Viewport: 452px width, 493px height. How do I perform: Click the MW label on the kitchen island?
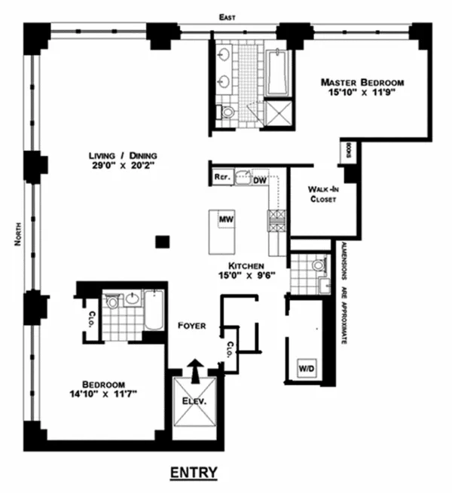pos(224,219)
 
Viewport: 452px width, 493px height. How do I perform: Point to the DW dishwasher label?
pos(260,180)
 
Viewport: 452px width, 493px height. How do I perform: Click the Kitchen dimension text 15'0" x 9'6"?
pos(243,277)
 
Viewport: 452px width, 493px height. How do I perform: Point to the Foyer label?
pos(193,326)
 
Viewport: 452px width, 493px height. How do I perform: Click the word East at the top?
pos(223,16)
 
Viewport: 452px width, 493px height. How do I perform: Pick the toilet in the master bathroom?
pos(227,112)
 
